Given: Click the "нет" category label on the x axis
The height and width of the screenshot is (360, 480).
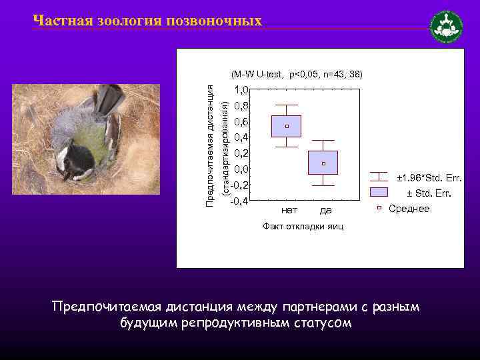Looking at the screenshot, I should coord(289,211).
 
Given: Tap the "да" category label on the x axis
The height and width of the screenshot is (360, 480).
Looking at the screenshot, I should coord(325,211).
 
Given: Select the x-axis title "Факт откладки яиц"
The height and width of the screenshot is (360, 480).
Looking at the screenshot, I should coord(303,227).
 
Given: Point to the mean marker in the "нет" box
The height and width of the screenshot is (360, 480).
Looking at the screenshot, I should coord(287,126).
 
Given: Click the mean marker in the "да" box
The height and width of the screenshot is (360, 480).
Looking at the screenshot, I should coord(323,163).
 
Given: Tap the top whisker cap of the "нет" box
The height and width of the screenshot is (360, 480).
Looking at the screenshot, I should coord(287,105).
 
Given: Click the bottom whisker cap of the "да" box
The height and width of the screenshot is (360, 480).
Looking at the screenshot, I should coord(323,185).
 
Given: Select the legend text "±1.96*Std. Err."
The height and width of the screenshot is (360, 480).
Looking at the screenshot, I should coord(429,179).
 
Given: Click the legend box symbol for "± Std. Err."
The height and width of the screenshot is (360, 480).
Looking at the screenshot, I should coord(379,193).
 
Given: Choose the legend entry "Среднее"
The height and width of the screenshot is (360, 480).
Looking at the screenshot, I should coord(409,209).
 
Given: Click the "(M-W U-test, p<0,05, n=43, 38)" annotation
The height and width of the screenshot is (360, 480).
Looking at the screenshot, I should coord(297,74).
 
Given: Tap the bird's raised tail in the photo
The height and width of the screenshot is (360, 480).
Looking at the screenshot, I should coord(110,98).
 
